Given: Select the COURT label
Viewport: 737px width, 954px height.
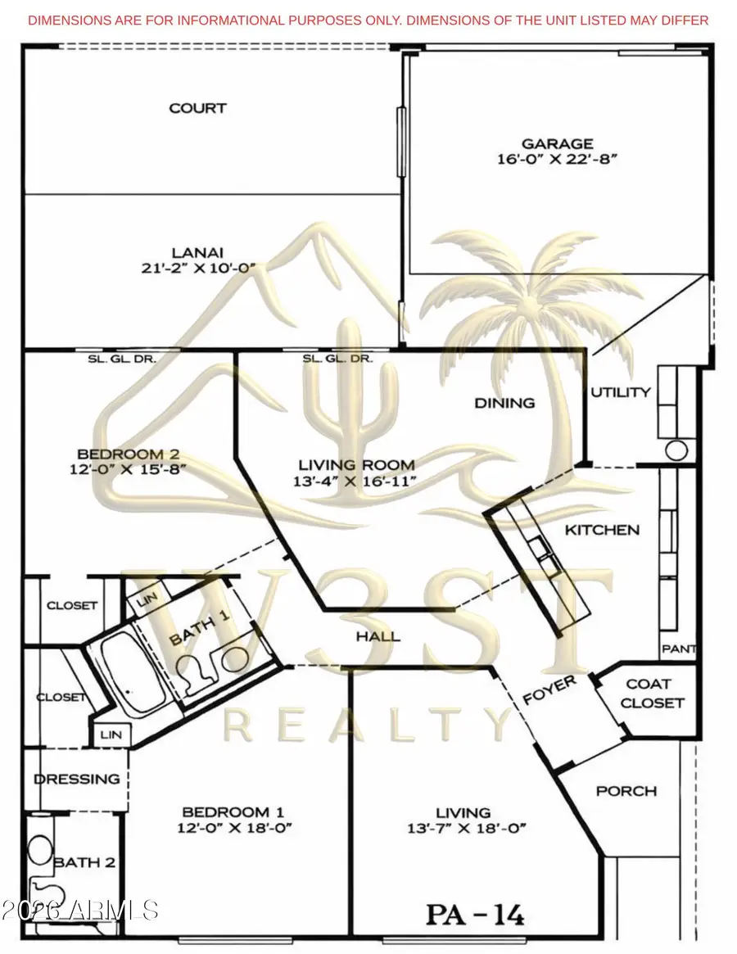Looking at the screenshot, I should pos(197,108).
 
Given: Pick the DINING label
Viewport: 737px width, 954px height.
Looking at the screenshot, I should pos(505,403).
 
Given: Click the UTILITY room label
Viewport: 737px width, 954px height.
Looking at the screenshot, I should pos(621,392).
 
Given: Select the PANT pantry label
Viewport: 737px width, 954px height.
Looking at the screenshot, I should pos(679,649).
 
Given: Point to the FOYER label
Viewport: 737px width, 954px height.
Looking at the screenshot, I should pos(549,690).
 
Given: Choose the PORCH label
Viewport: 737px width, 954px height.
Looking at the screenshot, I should pos(626,791).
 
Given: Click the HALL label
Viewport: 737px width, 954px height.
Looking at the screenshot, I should pos(378,636).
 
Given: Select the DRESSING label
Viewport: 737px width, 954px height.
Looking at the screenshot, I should pos(76,779).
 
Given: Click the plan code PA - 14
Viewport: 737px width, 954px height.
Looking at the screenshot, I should pos(474,912).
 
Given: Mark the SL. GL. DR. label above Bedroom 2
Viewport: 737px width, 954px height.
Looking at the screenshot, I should pos(122,359).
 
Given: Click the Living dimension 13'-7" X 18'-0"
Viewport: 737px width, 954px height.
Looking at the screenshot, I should pos(463,828).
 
